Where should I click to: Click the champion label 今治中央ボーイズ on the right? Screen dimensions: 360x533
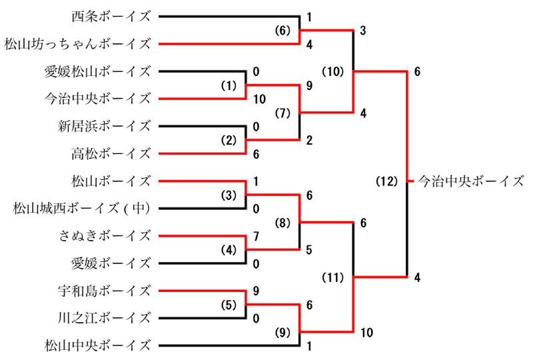point(470,181)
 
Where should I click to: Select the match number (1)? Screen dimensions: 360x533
point(229,85)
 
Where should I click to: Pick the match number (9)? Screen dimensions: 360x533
point(282,331)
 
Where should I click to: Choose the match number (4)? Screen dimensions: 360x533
point(229,249)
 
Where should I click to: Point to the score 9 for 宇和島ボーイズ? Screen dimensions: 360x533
point(257,292)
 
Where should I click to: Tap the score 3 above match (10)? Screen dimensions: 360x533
point(362,31)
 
